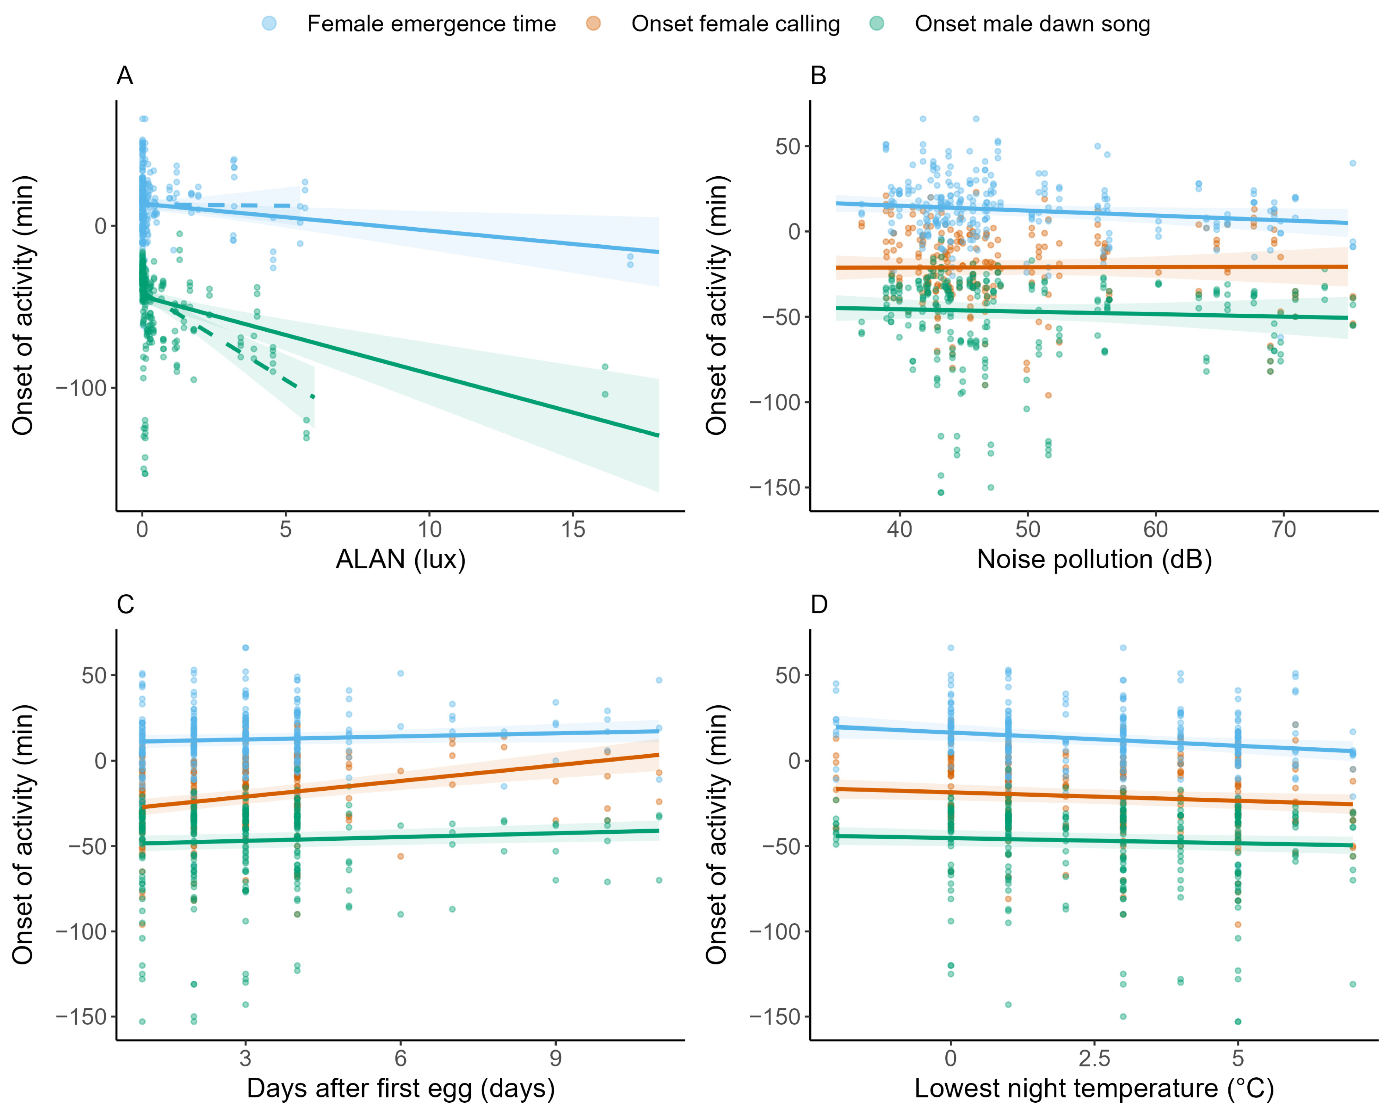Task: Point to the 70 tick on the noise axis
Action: click(1283, 530)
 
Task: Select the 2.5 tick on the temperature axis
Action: click(1094, 1058)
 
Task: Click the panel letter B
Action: click(818, 76)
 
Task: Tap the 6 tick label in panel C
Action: click(400, 1058)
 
